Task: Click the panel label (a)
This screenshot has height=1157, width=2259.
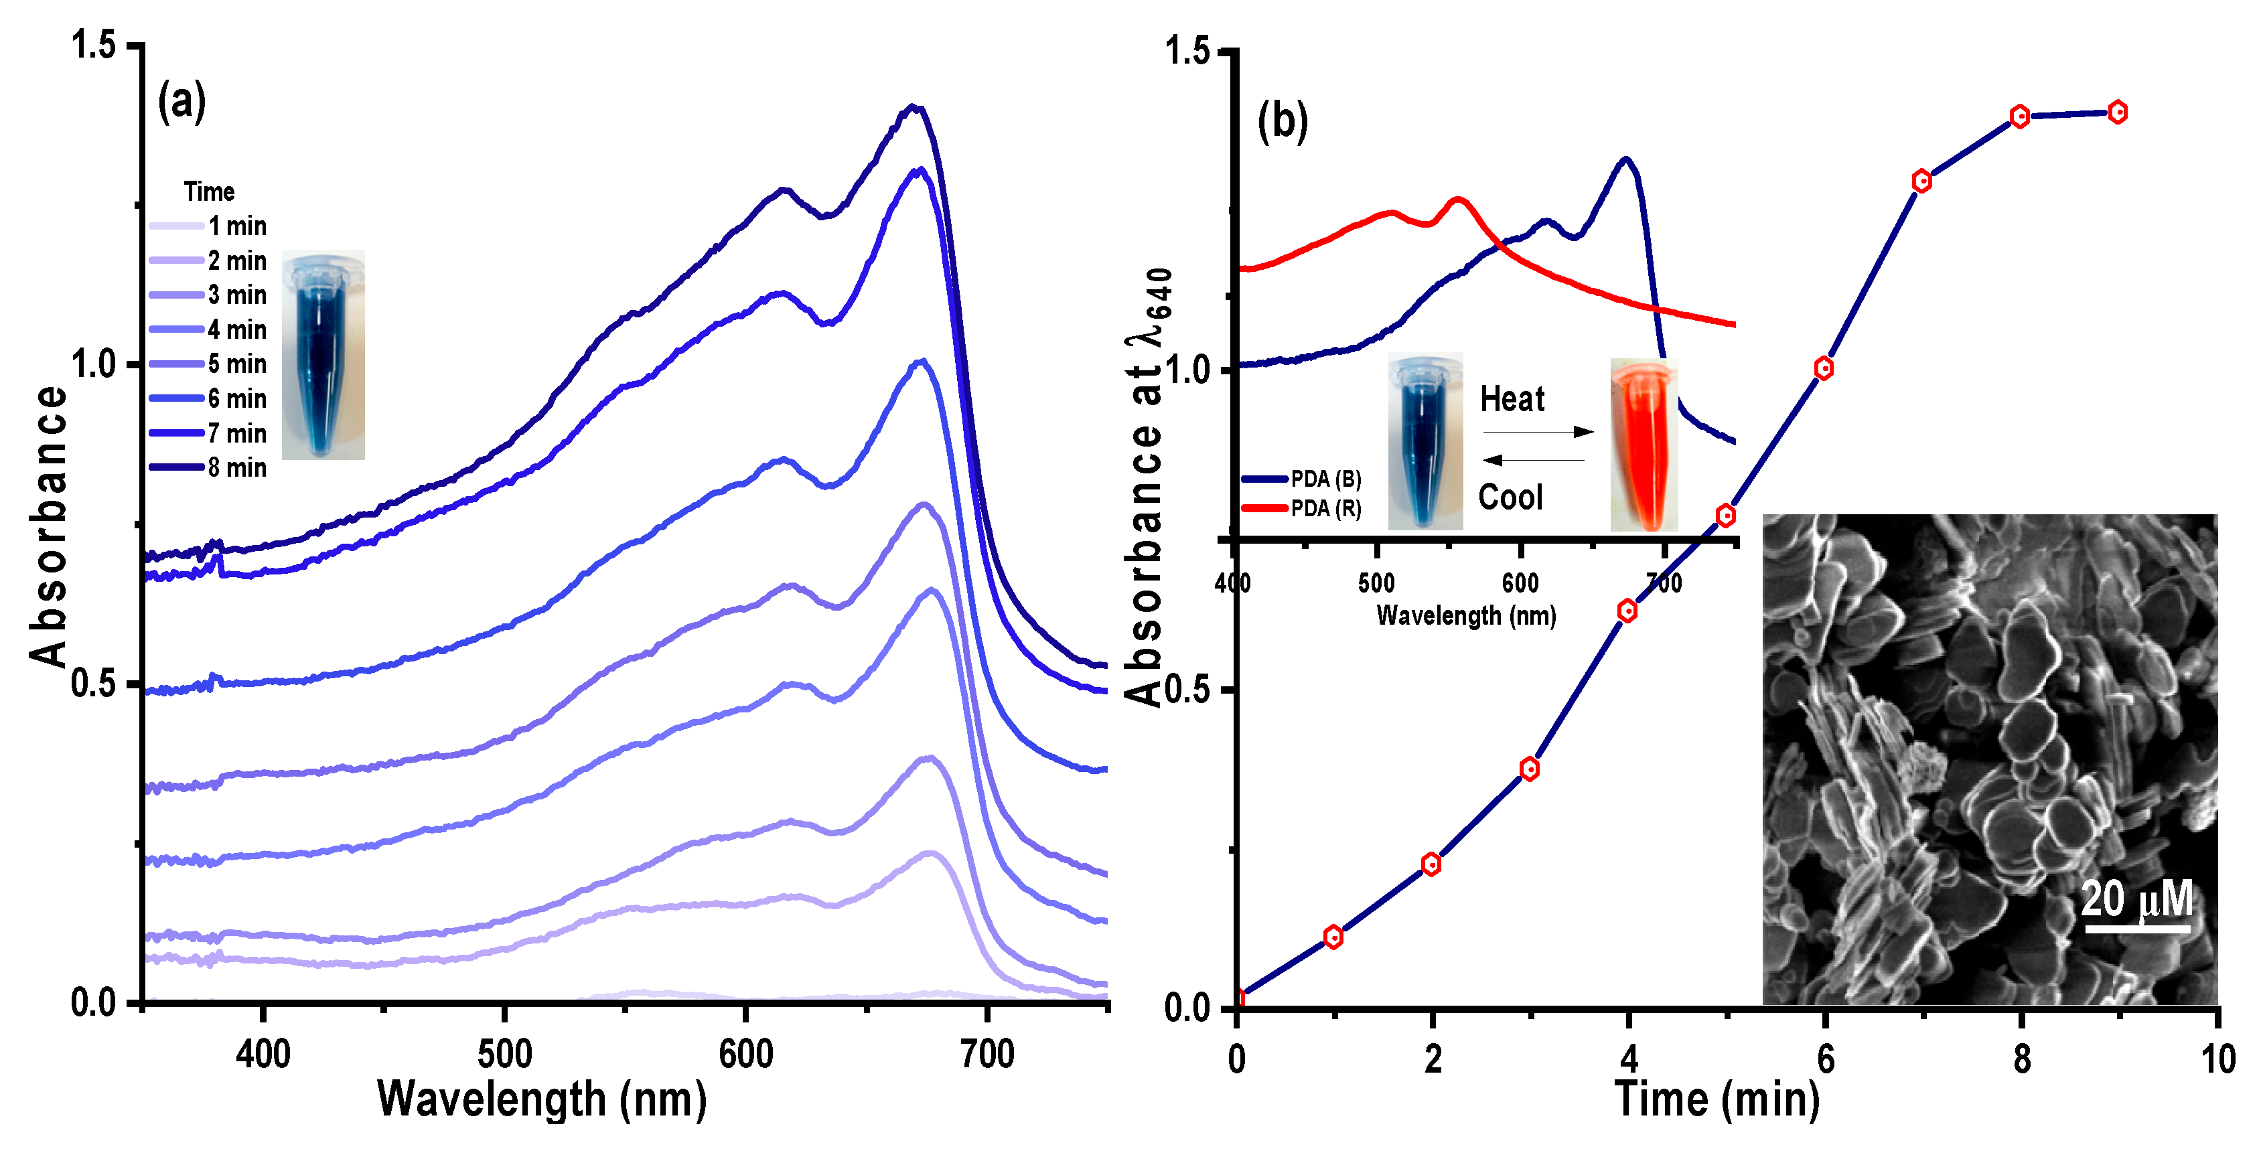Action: click(x=181, y=101)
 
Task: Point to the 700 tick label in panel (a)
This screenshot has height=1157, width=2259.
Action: click(x=987, y=1055)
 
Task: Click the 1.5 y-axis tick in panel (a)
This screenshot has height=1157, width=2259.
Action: click(x=94, y=45)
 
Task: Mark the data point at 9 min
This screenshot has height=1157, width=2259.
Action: click(x=2118, y=112)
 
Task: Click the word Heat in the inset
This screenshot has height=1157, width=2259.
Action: click(x=1512, y=400)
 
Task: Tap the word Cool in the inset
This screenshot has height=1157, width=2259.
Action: click(x=1510, y=497)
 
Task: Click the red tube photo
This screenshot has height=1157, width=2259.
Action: click(x=1644, y=445)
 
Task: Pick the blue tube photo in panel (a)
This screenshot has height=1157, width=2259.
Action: click(x=323, y=355)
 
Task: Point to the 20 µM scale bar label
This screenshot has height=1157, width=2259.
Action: click(x=2137, y=899)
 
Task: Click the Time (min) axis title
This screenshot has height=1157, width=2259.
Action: click(x=1717, y=1099)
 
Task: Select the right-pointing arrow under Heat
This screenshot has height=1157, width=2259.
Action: click(x=1538, y=432)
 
